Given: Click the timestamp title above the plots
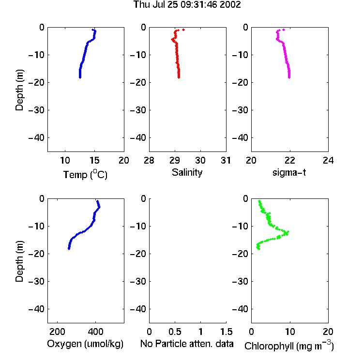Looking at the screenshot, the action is coord(187,4).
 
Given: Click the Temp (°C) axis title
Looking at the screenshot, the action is coord(85,174).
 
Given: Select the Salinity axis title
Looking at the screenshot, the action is coord(187,172).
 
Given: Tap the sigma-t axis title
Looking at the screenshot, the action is coord(289,172).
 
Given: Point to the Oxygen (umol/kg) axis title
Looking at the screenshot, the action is coord(85,344).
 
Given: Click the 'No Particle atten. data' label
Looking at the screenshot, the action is coord(187,344).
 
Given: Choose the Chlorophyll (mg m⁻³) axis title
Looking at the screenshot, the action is coord(289,345).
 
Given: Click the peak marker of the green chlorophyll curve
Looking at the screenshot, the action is coord(287,233).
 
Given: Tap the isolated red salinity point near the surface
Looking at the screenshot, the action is coord(183,30).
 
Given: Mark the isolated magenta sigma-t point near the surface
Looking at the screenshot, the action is coord(284,30).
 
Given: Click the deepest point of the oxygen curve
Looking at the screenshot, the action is coord(69,249).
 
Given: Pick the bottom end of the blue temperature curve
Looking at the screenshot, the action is coord(80,77).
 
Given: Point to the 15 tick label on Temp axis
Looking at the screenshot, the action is coord(94,160).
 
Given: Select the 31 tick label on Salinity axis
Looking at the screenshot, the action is coord(226,160).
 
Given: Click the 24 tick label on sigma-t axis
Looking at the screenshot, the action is coord(328,160).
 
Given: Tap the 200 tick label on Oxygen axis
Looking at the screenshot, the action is coord(57,332).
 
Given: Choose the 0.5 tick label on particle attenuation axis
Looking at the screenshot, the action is coord(175,332).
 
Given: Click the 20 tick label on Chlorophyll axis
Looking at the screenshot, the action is coord(328,332).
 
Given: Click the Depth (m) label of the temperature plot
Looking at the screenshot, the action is coord(19,90).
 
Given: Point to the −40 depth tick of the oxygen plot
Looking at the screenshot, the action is coord(36,309).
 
